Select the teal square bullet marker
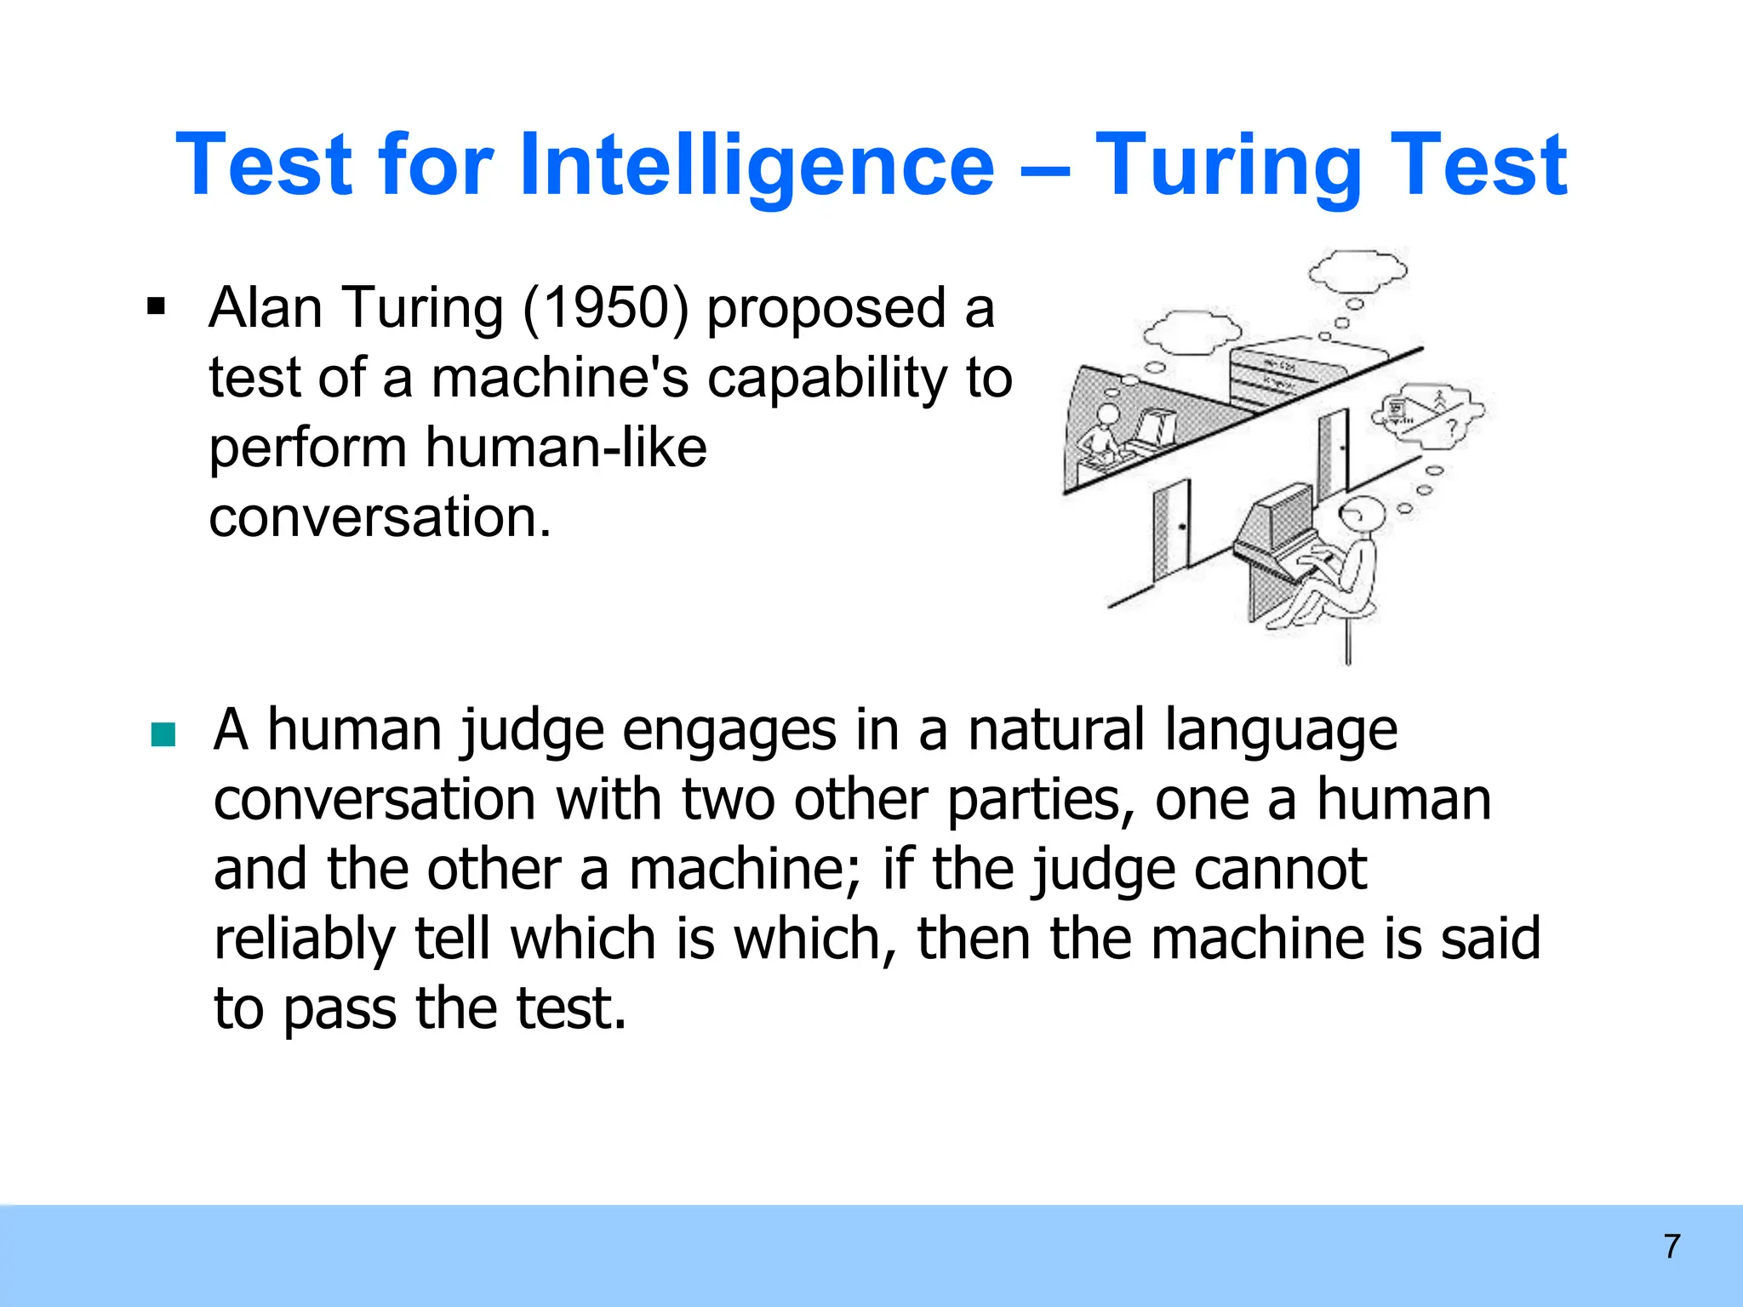pos(163,733)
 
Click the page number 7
pos(1672,1247)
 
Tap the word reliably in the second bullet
pos(304,939)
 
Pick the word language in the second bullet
pos(1281,731)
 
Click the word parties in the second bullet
pos(1040,801)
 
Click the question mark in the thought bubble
pos(1452,425)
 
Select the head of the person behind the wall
pos(1108,415)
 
